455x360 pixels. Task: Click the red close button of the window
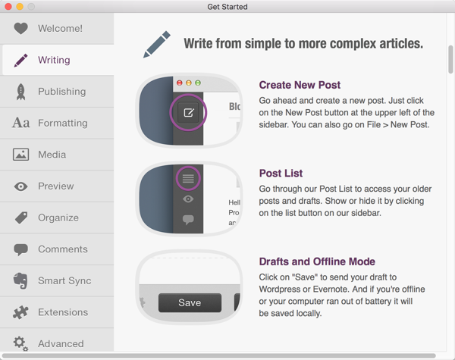(x=8, y=6)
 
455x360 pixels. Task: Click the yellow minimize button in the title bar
(x=20, y=6)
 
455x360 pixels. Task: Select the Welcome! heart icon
(x=21, y=29)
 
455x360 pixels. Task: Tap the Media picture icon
(x=21, y=155)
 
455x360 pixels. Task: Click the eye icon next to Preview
(x=21, y=186)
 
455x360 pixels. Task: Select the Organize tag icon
(x=21, y=218)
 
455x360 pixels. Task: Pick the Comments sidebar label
(x=63, y=249)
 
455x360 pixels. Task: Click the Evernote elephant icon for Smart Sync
(x=20, y=280)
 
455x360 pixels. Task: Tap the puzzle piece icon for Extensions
(x=20, y=312)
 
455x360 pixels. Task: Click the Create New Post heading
(x=300, y=85)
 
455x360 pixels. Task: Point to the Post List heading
(x=281, y=174)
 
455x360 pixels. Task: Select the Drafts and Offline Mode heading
(x=317, y=261)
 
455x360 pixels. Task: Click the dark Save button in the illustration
(x=190, y=302)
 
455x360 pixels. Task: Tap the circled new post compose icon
(x=188, y=112)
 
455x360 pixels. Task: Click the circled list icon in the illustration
(x=188, y=178)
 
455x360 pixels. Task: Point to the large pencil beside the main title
(x=157, y=45)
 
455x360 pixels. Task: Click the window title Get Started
(x=227, y=7)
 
